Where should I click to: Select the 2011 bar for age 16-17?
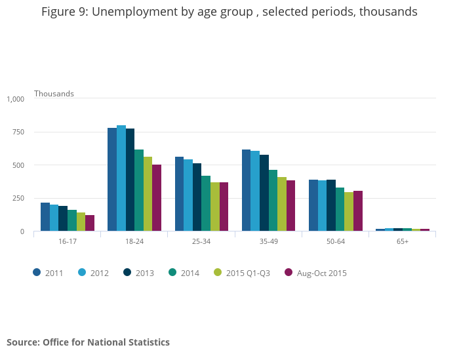[45, 217]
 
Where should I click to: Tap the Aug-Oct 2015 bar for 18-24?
[157, 198]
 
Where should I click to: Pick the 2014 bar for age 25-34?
[206, 203]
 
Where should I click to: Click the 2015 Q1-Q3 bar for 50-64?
[349, 212]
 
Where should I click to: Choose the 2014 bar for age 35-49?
[273, 201]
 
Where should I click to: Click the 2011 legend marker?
[37, 272]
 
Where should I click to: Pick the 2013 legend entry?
[140, 273]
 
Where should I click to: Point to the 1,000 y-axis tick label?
[15, 99]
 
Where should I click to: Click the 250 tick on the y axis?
[18, 198]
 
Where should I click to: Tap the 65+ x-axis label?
[402, 242]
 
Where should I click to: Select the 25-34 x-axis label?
[201, 242]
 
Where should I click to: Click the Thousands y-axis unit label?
[54, 93]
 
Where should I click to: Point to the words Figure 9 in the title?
[65, 12]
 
